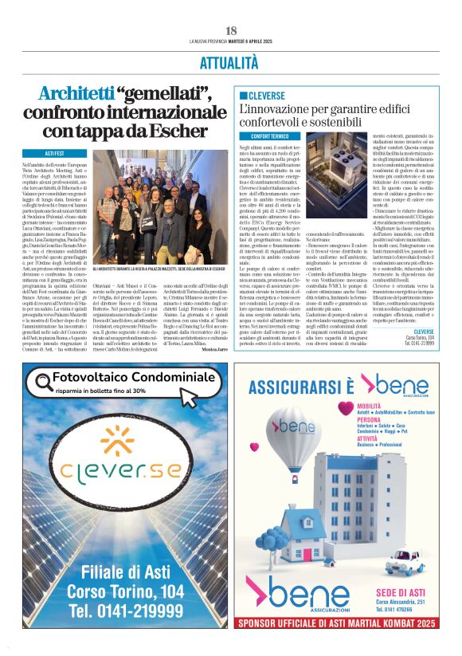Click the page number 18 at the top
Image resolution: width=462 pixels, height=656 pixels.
point(231,30)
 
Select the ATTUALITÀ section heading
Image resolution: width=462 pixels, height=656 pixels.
point(231,61)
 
